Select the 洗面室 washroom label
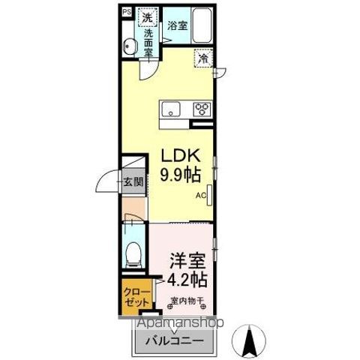[x=148, y=42]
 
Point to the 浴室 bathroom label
[x=178, y=25]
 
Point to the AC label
[x=201, y=197]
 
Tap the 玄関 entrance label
[x=133, y=181]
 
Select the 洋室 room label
[x=187, y=263]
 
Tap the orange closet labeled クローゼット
[x=135, y=298]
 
